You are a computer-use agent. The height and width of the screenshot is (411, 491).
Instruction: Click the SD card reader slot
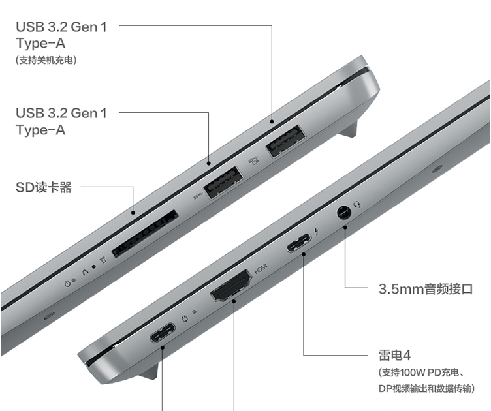pos(145,234)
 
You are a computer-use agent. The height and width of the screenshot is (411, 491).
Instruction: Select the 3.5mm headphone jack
pos(344,213)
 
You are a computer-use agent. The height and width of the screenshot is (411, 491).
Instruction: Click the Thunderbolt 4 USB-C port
pos(299,243)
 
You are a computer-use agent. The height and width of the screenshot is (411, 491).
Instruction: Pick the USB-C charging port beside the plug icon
pos(163,333)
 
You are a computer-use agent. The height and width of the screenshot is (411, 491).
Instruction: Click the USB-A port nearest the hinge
pos(286,141)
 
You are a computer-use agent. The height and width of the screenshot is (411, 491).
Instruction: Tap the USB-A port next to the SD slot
pos(223,183)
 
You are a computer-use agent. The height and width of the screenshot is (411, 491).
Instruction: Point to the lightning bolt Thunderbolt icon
pos(317,232)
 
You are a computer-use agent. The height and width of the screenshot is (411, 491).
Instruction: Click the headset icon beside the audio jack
pos(357,205)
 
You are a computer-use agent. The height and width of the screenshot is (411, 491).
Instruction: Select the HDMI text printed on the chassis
pos(261,268)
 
